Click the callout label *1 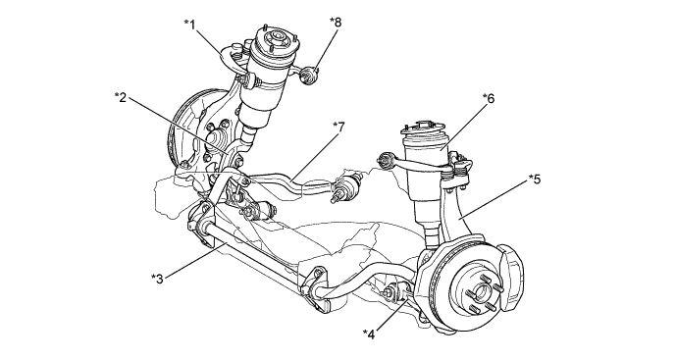click(189, 25)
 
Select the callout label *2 click(121, 98)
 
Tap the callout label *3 click(157, 279)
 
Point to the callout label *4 click(369, 334)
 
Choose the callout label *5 click(534, 179)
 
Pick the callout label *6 click(489, 99)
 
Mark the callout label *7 click(339, 128)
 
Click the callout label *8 click(336, 22)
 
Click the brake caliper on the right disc click(510, 278)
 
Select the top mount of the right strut click(424, 128)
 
